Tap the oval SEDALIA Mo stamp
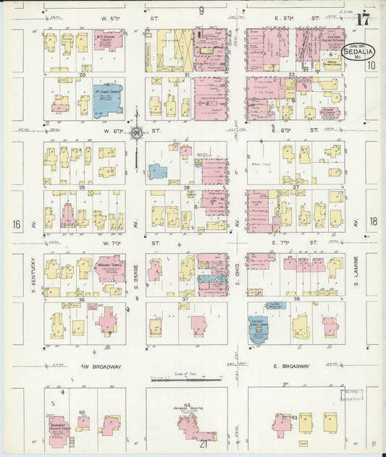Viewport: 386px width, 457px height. pyautogui.click(x=360, y=52)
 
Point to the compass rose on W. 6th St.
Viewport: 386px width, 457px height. pyautogui.click(x=135, y=132)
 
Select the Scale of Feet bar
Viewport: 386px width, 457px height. pyautogui.click(x=185, y=376)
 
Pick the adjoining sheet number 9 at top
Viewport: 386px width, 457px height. pyautogui.click(x=201, y=10)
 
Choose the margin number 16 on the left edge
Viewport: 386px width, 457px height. pyautogui.click(x=16, y=225)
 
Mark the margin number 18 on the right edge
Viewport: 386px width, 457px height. pyautogui.click(x=373, y=225)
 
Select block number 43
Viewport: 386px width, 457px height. pyautogui.click(x=295, y=417)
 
